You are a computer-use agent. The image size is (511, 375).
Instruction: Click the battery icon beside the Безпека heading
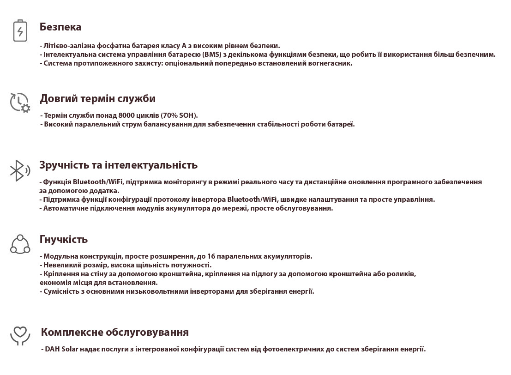point(20,31)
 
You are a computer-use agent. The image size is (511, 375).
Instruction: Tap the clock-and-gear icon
point(20,103)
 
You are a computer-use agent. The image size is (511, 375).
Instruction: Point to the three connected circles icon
point(20,244)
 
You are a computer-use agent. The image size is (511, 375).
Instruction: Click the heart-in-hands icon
point(20,336)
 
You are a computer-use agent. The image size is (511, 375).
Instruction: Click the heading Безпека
point(60,27)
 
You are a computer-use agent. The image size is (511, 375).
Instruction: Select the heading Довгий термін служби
point(97,98)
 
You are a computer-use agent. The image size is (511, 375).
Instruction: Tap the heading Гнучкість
point(64,239)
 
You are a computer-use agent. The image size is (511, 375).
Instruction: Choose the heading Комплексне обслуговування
point(114,332)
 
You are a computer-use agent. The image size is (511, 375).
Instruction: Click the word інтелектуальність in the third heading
point(155,165)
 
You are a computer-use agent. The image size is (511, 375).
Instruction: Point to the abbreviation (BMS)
point(212,54)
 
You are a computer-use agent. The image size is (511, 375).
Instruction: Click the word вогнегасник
point(331,63)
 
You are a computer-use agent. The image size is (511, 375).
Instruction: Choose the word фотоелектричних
point(293,349)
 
